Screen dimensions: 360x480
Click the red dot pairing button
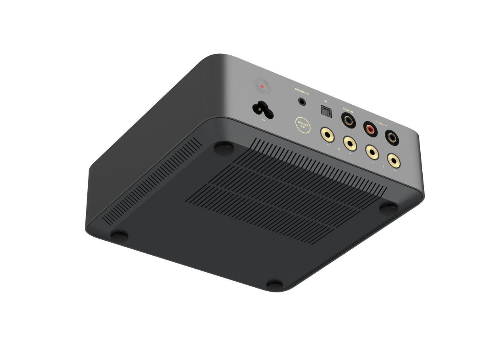[262, 86]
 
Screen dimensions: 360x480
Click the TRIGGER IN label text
[302, 90]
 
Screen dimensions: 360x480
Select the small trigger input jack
[302, 102]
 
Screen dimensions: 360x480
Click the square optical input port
[326, 111]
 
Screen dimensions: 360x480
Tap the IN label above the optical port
[325, 101]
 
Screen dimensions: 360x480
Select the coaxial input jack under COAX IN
[348, 121]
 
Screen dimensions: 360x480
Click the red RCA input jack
[370, 128]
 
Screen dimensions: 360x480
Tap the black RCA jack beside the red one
[392, 138]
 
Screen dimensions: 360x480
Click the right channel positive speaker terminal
[327, 135]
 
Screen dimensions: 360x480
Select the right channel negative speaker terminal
[350, 143]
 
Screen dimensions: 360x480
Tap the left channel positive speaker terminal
[372, 152]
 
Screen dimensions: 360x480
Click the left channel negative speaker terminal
[394, 161]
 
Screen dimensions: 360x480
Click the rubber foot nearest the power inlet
[224, 149]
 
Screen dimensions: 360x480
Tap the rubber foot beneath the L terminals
[389, 208]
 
